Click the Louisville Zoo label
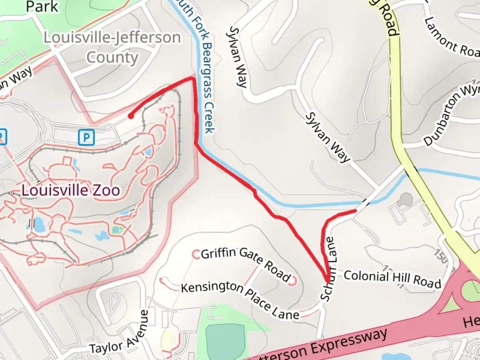point(71,191)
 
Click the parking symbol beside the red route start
point(86,137)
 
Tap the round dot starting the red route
point(131,116)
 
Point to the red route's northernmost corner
point(192,78)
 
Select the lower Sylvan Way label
point(328,137)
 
